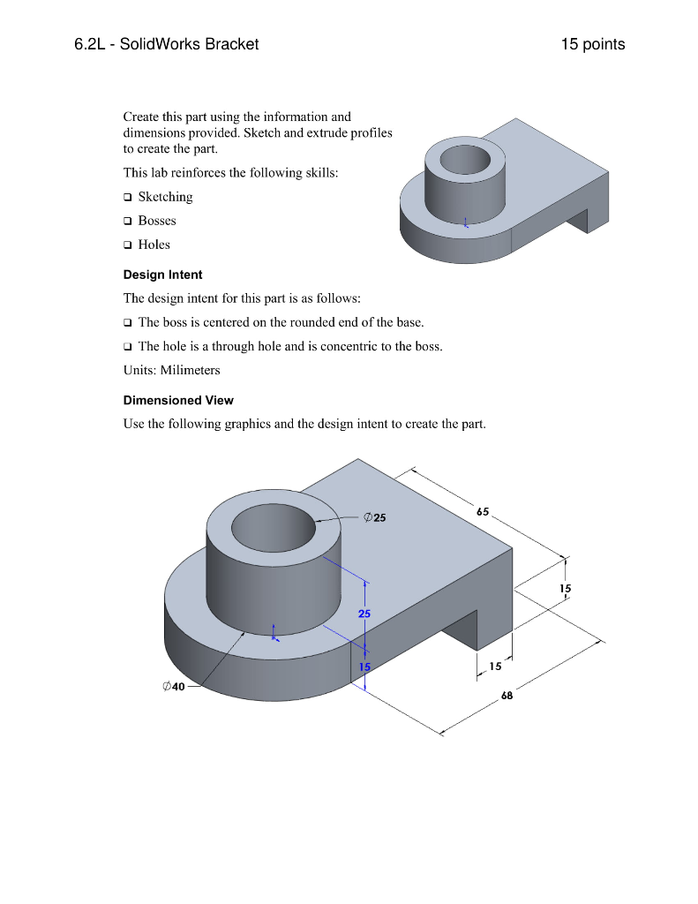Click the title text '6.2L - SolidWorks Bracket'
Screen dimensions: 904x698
point(167,44)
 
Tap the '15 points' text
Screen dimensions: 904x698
point(592,44)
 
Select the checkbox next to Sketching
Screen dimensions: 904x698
point(128,197)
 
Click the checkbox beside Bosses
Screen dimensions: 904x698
point(128,221)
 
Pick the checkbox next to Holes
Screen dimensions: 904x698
point(128,245)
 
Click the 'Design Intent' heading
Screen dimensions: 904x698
point(162,275)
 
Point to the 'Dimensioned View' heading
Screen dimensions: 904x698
point(178,400)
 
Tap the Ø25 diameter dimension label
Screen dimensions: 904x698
point(375,518)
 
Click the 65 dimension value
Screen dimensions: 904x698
point(483,511)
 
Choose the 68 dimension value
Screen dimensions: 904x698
point(507,696)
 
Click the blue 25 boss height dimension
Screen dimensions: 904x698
point(364,613)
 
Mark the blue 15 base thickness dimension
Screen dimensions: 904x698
point(364,667)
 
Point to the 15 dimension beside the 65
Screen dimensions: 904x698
point(566,588)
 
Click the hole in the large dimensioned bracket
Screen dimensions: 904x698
point(273,530)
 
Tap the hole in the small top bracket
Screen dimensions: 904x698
point(467,161)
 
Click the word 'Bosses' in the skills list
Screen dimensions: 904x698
point(157,221)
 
